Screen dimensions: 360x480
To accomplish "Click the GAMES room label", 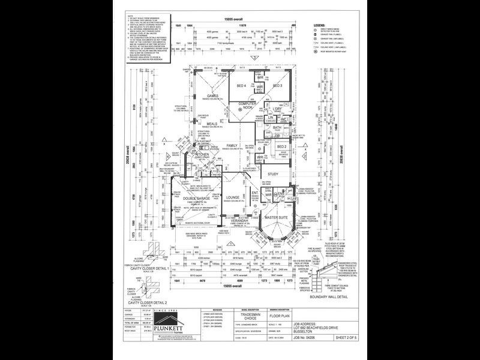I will point(213,96).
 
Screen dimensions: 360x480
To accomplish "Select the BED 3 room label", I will point(277,86).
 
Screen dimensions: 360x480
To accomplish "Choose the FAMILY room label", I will point(232,146).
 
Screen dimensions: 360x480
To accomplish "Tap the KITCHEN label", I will point(202,155).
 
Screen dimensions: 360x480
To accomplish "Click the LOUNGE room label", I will point(233,197).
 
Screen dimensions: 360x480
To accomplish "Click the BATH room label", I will point(277,128).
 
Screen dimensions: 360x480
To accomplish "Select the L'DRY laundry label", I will point(278,108).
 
